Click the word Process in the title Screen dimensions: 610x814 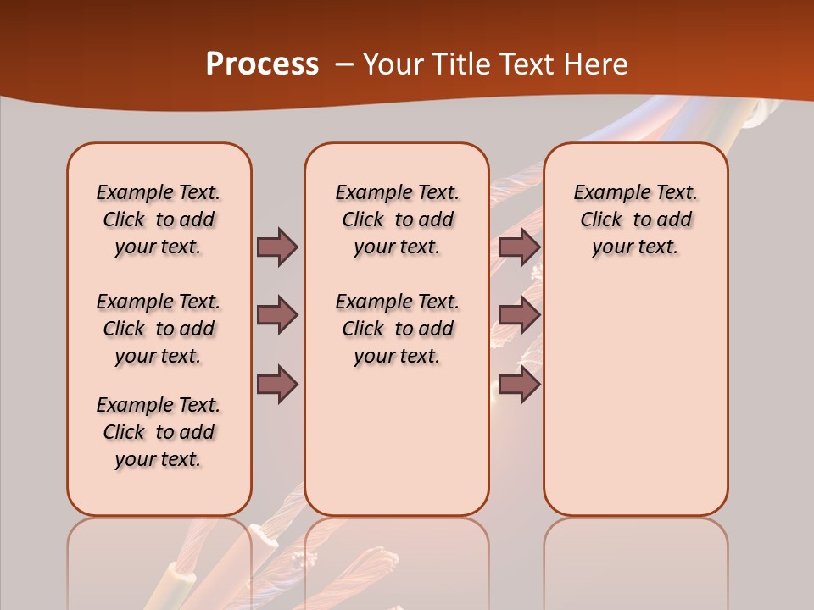[x=262, y=64]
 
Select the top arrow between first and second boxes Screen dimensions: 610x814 [x=277, y=247]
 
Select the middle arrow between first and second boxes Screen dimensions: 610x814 [x=277, y=315]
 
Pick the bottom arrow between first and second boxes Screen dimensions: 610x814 [x=277, y=385]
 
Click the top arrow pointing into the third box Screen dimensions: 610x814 [x=519, y=247]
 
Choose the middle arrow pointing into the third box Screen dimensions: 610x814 [x=519, y=315]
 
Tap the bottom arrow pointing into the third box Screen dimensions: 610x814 [x=519, y=385]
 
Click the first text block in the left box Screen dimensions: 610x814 [x=159, y=219]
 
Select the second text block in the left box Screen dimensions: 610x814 [x=159, y=329]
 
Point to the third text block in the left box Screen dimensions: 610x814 [x=159, y=432]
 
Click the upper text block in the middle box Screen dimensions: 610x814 [x=397, y=219]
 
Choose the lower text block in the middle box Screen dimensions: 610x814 [x=397, y=329]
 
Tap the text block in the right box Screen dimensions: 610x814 [x=635, y=219]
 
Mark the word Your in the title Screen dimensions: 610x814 [x=393, y=64]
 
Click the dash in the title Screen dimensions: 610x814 [x=344, y=64]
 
